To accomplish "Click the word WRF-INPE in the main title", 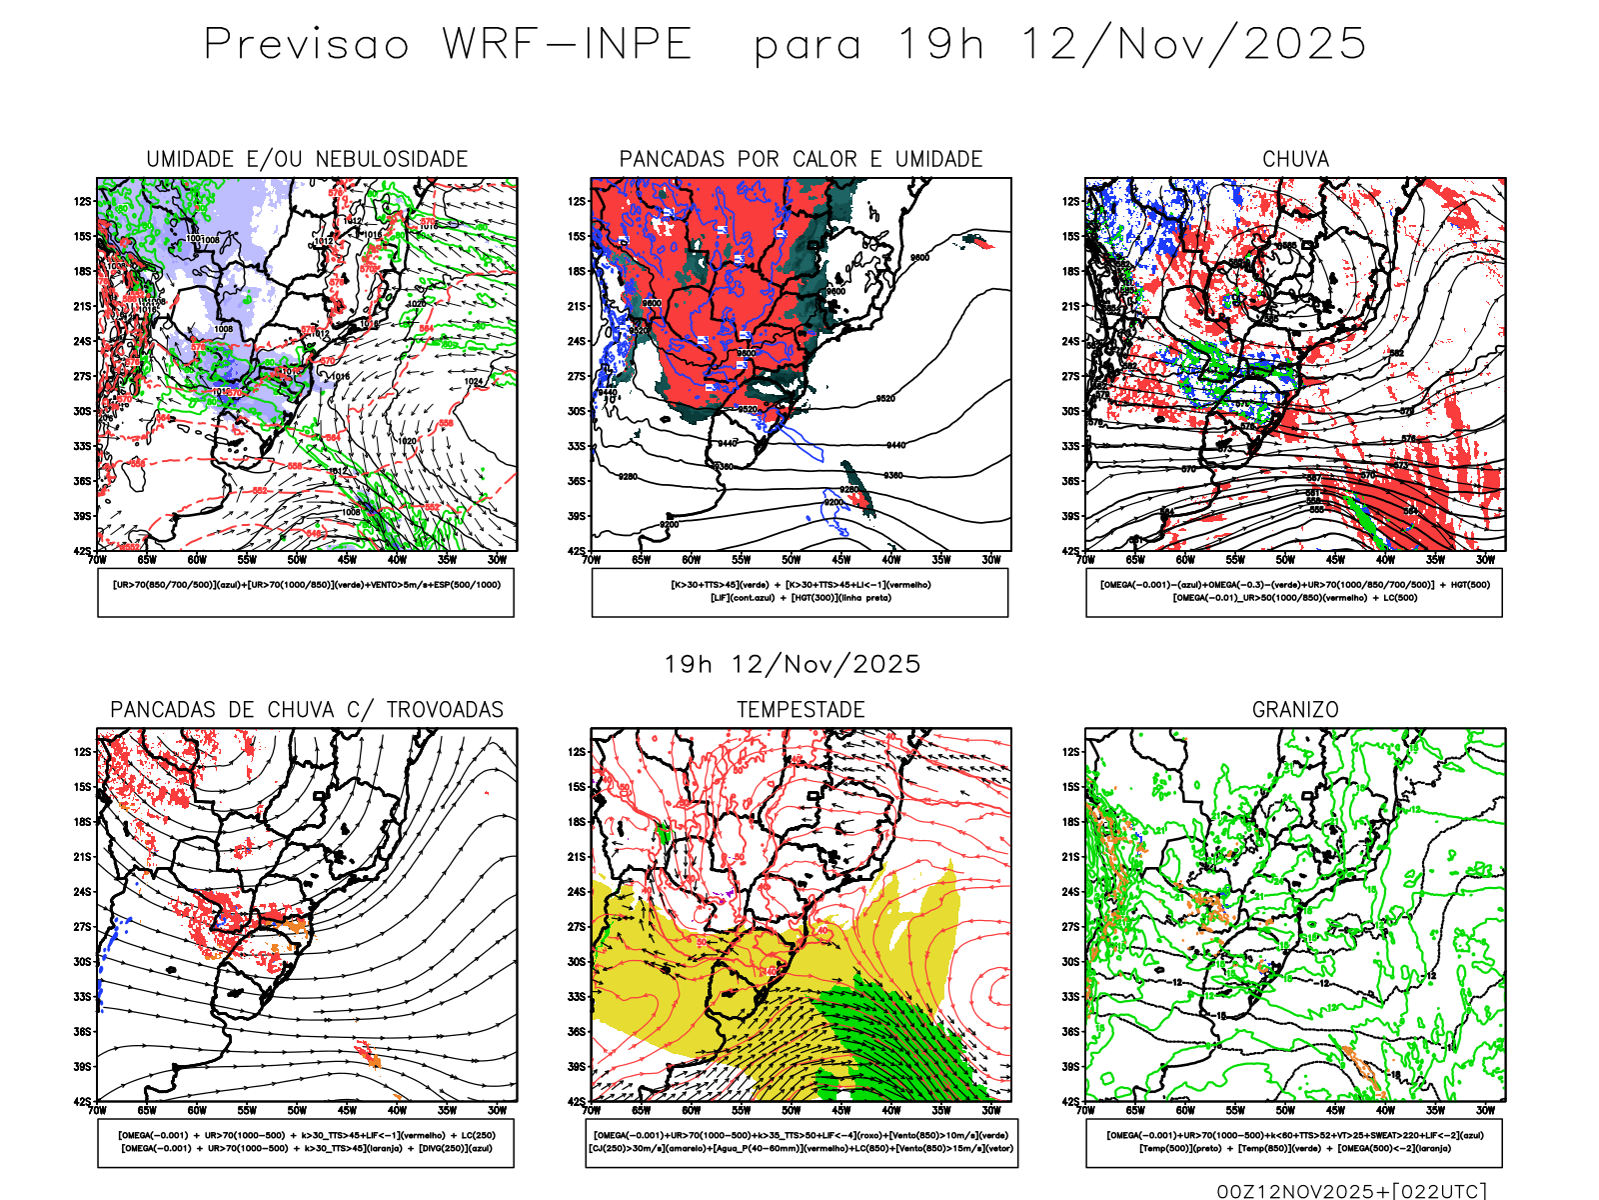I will coord(568,45).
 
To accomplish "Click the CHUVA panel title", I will coord(1295,159).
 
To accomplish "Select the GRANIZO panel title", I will coord(1295,710).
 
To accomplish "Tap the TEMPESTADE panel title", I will coord(800,710).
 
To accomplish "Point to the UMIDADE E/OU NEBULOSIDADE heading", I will coord(307,159).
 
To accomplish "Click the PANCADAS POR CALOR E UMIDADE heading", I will coord(800,159).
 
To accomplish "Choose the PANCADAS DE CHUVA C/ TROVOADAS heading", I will coord(307,710).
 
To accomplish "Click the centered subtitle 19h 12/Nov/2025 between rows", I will coord(793,664).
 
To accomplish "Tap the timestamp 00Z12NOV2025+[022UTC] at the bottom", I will coord(1351,1191).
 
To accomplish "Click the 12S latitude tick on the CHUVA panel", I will coord(1070,202).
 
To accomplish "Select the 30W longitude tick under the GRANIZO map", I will coord(1486,1110).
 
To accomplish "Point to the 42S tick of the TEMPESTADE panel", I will coord(577,1102).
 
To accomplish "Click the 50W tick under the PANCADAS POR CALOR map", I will coord(792,560).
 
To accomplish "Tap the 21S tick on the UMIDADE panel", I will coord(82,307).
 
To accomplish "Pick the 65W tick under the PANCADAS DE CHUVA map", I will coord(147,1110).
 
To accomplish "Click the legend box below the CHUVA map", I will coord(1294,592).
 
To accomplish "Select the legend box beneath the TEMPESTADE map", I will coord(800,1142).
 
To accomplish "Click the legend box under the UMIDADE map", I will coord(306,592).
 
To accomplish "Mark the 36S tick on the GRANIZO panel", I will coord(1070,1032).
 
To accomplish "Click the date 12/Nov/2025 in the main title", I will coord(1193,45).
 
